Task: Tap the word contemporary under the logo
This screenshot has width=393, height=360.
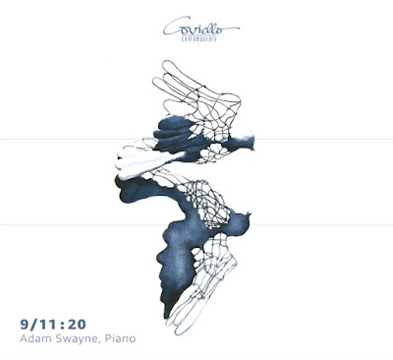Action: click(x=198, y=38)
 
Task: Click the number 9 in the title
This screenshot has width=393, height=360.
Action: click(x=25, y=325)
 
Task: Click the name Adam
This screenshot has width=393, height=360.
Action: click(x=33, y=338)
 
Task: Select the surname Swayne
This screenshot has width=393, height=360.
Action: click(x=74, y=339)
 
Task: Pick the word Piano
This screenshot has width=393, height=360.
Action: click(x=120, y=338)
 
